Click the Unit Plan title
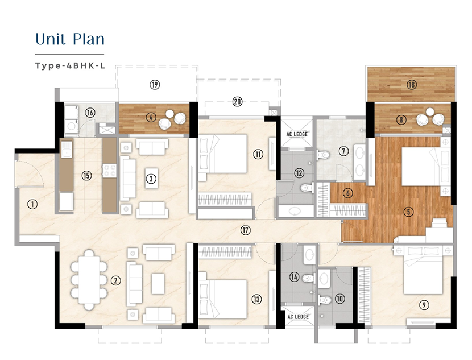(x=70, y=39)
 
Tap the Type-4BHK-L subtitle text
(x=70, y=65)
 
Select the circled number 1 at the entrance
(x=32, y=205)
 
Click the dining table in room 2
(x=89, y=280)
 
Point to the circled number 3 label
(x=151, y=179)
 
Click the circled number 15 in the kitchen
(x=86, y=176)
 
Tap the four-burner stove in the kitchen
(x=110, y=171)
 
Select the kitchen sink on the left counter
(x=67, y=150)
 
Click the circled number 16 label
(x=90, y=113)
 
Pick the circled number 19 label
(x=155, y=85)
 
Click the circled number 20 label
(x=238, y=102)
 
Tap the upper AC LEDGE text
(x=297, y=134)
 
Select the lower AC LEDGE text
(x=298, y=317)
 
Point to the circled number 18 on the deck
(x=412, y=85)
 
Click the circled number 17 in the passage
(x=246, y=230)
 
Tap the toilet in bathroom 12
(x=307, y=188)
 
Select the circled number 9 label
(x=424, y=305)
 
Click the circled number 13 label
(x=256, y=299)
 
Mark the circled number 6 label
(x=347, y=193)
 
